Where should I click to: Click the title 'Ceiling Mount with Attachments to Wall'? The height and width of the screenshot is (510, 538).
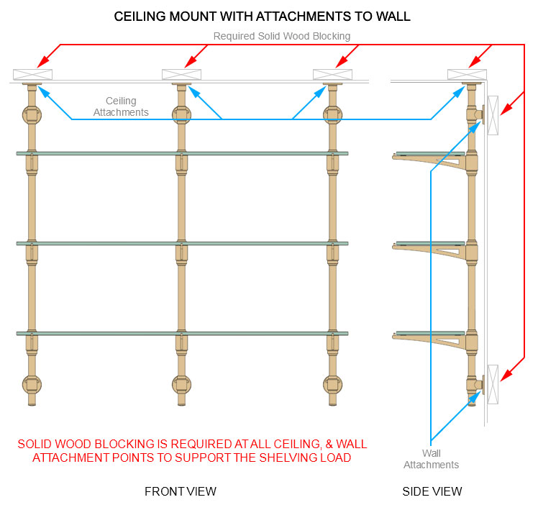[x=263, y=16]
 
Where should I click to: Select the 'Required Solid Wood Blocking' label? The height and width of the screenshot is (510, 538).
[x=281, y=36]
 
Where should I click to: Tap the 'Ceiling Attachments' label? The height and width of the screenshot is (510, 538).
[x=121, y=106]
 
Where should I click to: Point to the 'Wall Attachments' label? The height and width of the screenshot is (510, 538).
[x=431, y=459]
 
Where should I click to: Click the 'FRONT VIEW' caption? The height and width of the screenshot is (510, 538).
[x=181, y=492]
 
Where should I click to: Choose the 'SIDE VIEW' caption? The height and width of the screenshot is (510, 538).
[x=432, y=492]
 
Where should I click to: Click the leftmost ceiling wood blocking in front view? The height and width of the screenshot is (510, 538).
[x=32, y=74]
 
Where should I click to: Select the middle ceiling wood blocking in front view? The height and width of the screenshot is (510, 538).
[x=181, y=74]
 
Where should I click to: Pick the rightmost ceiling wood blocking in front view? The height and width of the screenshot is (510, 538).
[x=332, y=74]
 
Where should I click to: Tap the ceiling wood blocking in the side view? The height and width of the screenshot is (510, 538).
[x=467, y=74]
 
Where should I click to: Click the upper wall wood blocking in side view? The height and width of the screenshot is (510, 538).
[x=493, y=114]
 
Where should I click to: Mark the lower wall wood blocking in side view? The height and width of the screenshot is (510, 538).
[x=493, y=383]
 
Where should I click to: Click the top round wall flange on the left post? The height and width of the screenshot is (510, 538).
[x=32, y=114]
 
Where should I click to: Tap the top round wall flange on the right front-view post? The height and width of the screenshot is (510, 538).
[x=332, y=114]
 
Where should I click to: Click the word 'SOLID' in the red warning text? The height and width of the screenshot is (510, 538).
[x=37, y=445]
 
